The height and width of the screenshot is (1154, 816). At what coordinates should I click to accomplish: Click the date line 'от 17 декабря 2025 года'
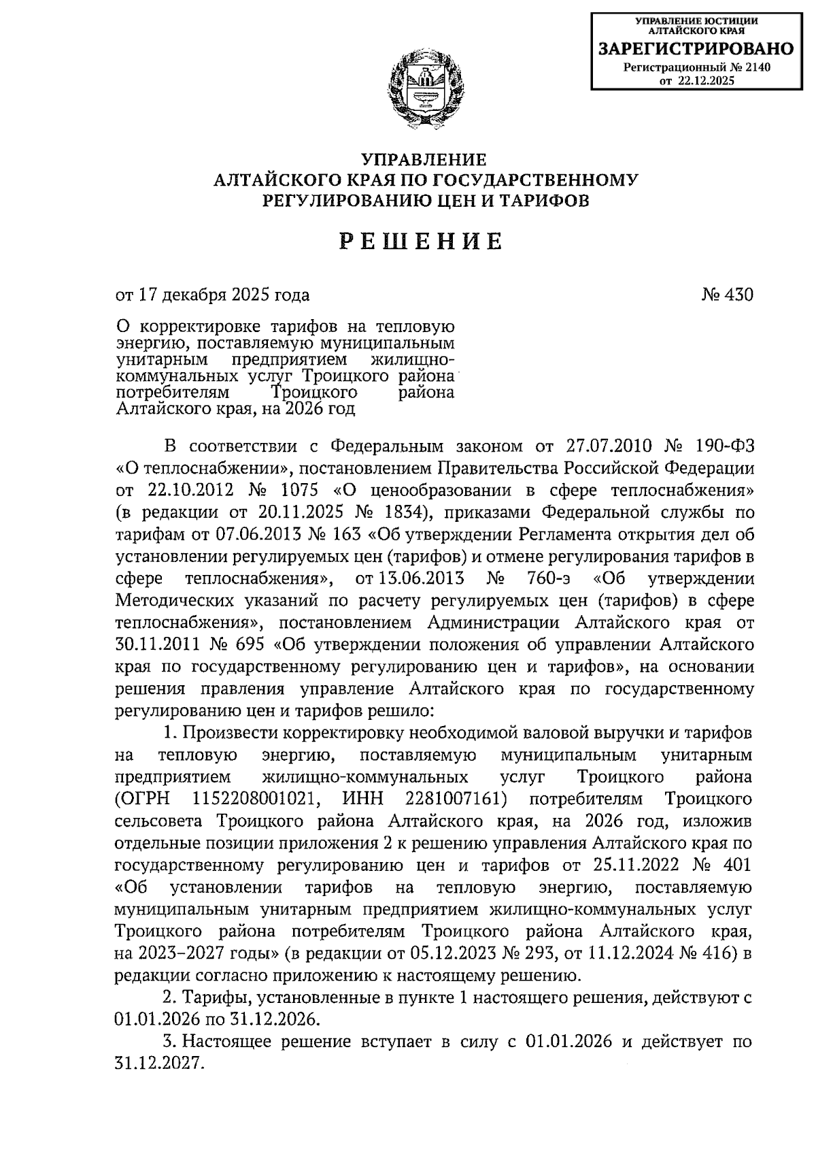[213, 295]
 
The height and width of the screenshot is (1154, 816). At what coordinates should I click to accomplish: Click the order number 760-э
[550, 579]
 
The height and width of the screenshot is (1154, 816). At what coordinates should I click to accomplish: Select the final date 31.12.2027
[160, 1064]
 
